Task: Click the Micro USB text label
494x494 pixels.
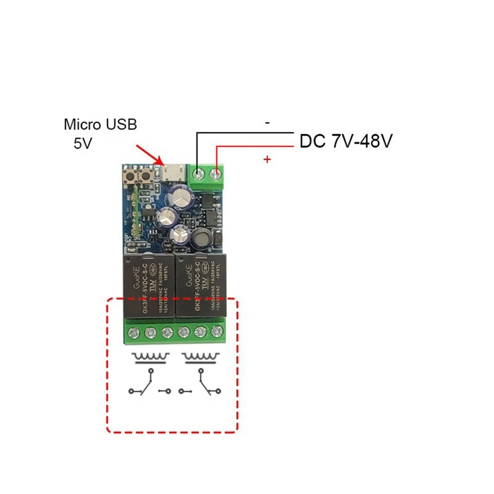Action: point(100,124)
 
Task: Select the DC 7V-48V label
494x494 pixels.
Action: point(346,141)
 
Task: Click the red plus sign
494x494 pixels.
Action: point(267,160)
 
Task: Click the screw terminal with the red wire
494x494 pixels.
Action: point(216,175)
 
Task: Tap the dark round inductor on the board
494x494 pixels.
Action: point(203,240)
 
